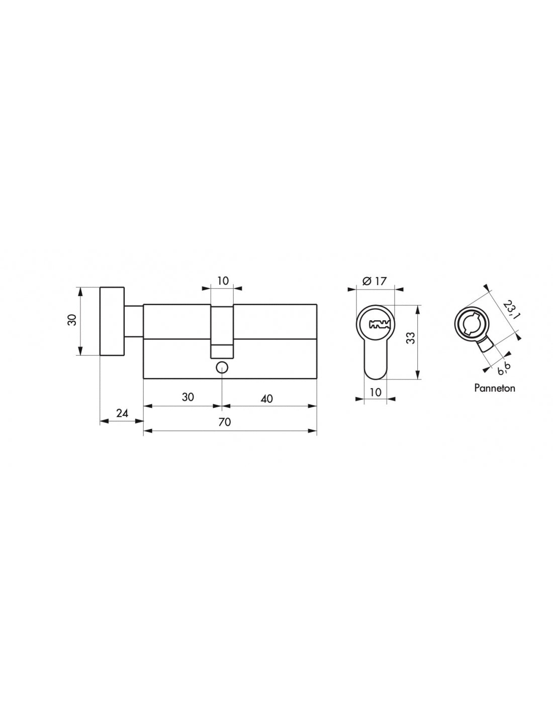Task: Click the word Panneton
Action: (494, 388)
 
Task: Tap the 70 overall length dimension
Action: (225, 422)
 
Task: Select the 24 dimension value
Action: (122, 413)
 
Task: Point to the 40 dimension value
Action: (266, 398)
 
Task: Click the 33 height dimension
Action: (410, 338)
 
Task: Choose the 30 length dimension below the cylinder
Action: (188, 397)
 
